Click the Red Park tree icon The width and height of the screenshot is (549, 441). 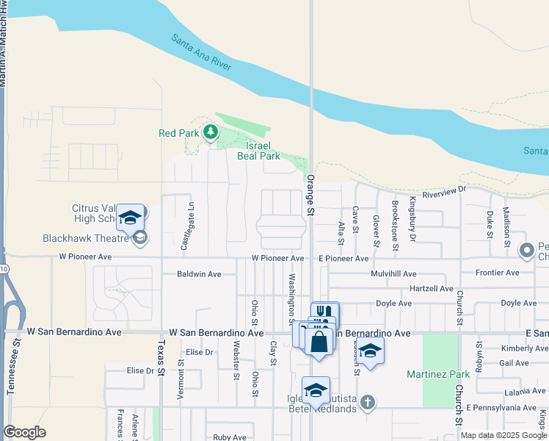click(x=211, y=132)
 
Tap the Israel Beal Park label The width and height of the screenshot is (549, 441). click(x=258, y=151)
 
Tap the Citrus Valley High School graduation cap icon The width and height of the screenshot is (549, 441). click(x=130, y=218)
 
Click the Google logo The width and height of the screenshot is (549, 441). click(x=24, y=432)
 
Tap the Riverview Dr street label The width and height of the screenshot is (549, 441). click(x=443, y=190)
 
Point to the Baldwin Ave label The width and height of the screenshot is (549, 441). click(x=199, y=274)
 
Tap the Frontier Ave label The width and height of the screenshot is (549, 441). click(x=497, y=273)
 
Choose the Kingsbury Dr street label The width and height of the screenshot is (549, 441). click(x=412, y=219)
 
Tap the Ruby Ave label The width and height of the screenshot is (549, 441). click(x=230, y=437)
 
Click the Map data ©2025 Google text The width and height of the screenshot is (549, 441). click(x=502, y=435)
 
